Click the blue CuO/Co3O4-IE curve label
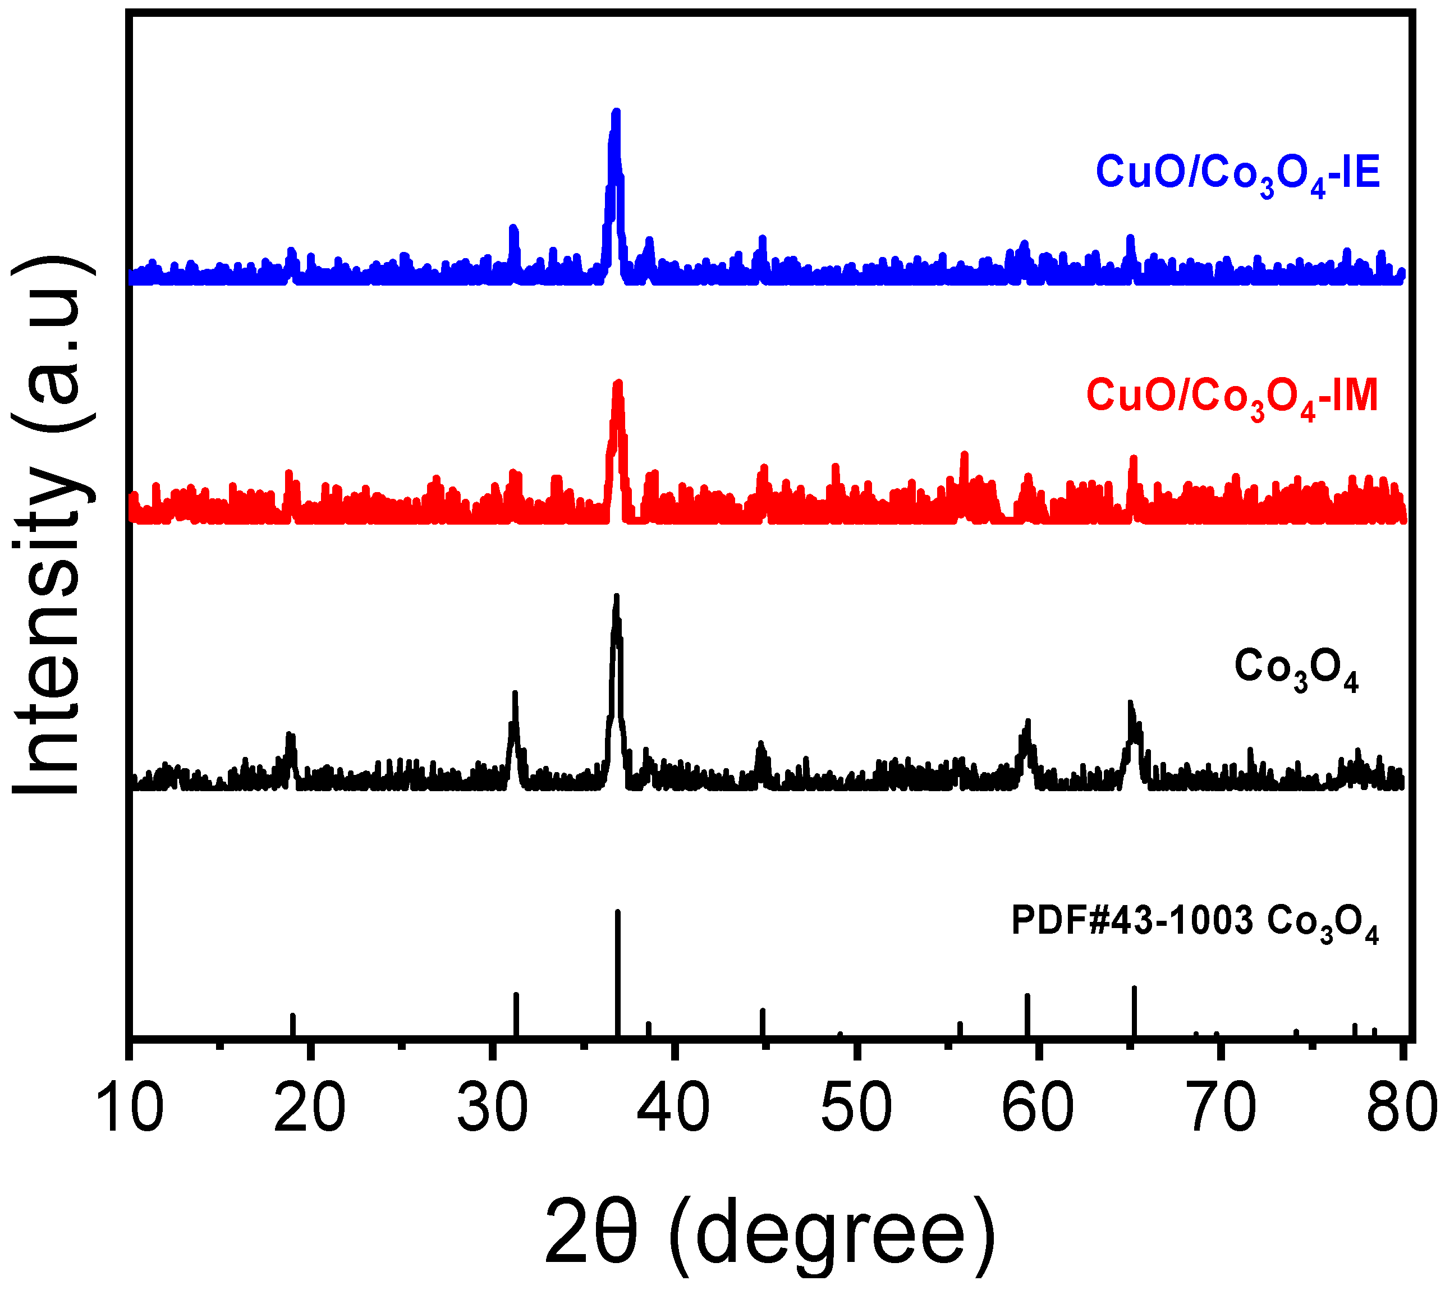coord(1237,175)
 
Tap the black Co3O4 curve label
coord(1296,668)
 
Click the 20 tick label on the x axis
coord(310,1107)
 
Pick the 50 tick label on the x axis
coord(856,1107)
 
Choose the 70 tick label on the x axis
coord(1221,1107)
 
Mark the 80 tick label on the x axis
coord(1401,1107)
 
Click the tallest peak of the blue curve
coord(616,113)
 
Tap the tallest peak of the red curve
coord(618,385)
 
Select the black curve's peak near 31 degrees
coord(515,695)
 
